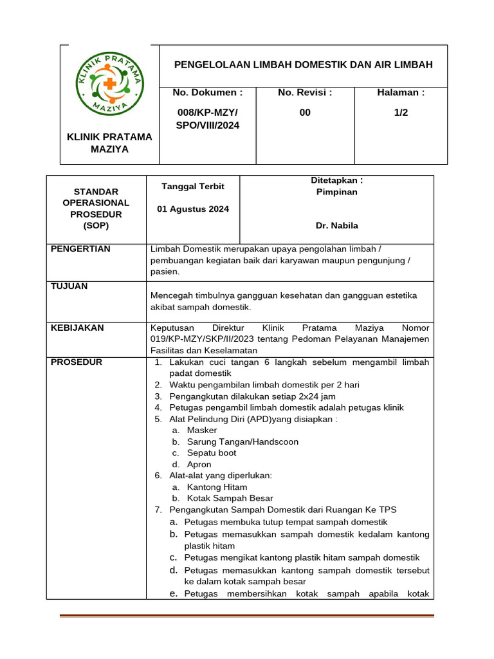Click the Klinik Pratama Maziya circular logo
click(x=110, y=83)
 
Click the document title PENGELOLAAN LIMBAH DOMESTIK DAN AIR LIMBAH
click(x=304, y=65)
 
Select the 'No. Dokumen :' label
click(x=208, y=93)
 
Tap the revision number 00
click(x=305, y=113)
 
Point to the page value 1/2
click(x=401, y=113)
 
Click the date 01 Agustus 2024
click(x=193, y=209)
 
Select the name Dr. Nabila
click(x=337, y=226)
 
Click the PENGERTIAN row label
click(x=80, y=249)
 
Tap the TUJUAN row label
click(x=69, y=286)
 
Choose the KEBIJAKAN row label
click(x=77, y=328)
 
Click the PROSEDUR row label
click(x=76, y=362)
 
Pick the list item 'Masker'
click(x=201, y=430)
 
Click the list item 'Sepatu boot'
click(x=211, y=453)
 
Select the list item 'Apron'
click(x=199, y=465)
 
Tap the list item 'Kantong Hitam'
click(x=217, y=487)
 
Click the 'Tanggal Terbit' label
click(x=193, y=187)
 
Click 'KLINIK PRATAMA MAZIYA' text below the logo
click(x=110, y=143)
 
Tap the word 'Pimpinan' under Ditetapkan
click(x=337, y=192)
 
